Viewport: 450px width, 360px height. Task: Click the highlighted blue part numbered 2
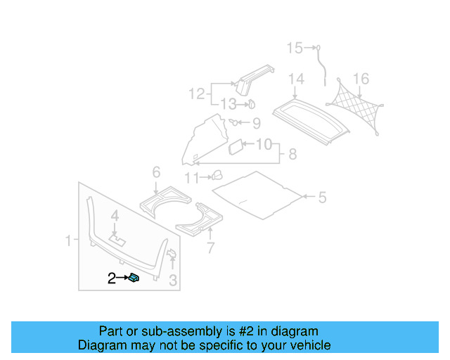(134, 278)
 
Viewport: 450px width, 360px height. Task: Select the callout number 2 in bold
(111, 278)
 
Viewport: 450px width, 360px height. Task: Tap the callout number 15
(294, 48)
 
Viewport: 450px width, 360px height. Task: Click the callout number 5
(321, 198)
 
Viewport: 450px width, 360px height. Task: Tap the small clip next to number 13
(249, 105)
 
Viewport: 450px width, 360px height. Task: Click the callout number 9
(255, 124)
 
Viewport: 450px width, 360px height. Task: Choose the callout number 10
(263, 145)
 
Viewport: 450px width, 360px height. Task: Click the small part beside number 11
(217, 174)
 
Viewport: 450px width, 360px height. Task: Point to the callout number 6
(156, 172)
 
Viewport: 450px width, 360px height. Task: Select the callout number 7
(209, 247)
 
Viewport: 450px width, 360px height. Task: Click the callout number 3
(173, 282)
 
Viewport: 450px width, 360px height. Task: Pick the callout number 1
(69, 241)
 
